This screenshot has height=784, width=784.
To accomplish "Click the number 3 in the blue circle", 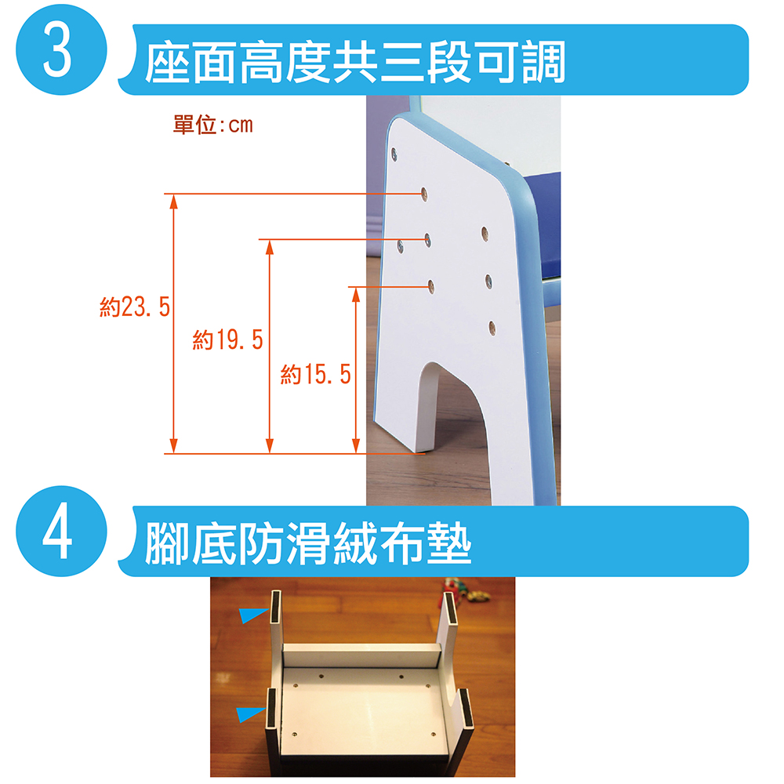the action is [57, 50].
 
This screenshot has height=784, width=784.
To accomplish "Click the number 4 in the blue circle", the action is [57, 532].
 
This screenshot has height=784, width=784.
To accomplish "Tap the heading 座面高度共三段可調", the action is [355, 63].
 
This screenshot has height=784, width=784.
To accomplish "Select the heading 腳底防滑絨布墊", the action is [308, 543].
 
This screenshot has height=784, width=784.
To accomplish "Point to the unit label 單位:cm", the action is [213, 125].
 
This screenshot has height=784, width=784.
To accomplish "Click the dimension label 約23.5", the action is [135, 307].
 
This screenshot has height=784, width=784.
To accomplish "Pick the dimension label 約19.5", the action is [228, 340].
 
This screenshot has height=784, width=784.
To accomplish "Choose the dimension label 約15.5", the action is [316, 374].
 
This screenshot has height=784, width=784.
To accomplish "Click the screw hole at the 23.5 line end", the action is [424, 194].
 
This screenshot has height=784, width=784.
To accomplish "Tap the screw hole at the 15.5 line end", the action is [430, 286].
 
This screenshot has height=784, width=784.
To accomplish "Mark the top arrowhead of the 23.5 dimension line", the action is [173, 201].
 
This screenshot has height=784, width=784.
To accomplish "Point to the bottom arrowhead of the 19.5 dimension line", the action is [270, 446].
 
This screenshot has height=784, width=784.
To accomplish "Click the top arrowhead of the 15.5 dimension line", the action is [356, 295].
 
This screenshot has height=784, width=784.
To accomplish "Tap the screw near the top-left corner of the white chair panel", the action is [394, 154].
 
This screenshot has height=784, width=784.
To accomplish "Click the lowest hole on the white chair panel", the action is [492, 328].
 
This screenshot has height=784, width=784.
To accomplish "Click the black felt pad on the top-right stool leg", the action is [450, 608].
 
